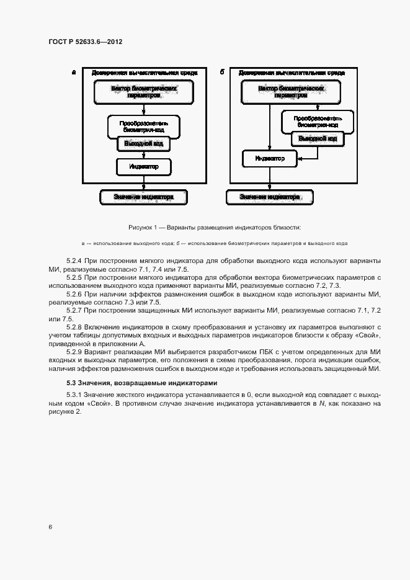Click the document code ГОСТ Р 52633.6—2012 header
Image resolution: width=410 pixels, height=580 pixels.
(x=85, y=42)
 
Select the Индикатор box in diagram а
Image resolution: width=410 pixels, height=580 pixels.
(x=144, y=167)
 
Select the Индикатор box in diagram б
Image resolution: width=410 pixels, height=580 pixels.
(x=270, y=159)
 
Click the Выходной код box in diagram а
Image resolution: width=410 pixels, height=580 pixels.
(x=144, y=144)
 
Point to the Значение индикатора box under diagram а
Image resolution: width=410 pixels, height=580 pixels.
(x=144, y=197)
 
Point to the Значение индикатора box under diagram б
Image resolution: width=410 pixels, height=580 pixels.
(x=270, y=197)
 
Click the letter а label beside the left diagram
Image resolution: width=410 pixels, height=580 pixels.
(x=74, y=73)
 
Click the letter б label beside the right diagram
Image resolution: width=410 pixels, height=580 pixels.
(x=222, y=73)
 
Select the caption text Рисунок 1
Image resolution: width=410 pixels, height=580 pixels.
(x=144, y=228)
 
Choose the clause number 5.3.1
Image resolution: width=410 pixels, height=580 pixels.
(x=74, y=395)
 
